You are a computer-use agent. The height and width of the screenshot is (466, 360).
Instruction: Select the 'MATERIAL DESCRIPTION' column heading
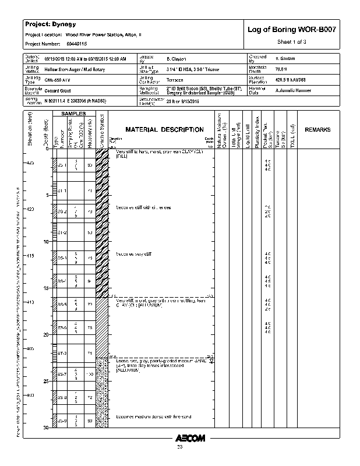[x=165, y=129]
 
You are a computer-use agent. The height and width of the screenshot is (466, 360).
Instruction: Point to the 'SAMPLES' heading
[x=74, y=113]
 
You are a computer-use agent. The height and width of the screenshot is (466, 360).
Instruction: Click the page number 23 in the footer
[x=179, y=447]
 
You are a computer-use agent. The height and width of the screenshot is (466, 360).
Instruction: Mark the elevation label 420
[x=31, y=209]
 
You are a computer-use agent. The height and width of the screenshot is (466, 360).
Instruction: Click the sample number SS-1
[x=62, y=165]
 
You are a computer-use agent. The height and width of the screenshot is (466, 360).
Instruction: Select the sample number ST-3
[x=62, y=353]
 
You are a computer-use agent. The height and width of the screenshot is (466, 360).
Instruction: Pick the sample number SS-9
[x=62, y=421]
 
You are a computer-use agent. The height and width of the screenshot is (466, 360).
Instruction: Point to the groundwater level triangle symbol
[x=212, y=361]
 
